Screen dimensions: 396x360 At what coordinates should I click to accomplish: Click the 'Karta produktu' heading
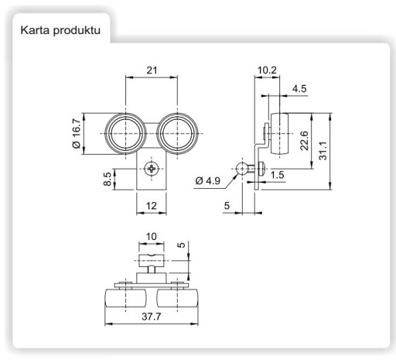coord(60,30)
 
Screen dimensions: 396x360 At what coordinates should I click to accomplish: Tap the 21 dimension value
coord(152,70)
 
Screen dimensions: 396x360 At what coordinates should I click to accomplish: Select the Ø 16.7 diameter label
coord(77,133)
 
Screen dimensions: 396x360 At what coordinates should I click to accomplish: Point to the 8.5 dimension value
coord(108,179)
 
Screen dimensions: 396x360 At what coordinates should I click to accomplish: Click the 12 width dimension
coord(152,206)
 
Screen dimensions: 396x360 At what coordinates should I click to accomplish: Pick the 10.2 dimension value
coord(267,70)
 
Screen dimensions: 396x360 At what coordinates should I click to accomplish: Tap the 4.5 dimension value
coord(299,89)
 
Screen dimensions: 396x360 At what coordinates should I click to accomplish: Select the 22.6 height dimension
coord(304,141)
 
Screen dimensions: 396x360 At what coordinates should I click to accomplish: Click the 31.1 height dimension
coord(323,151)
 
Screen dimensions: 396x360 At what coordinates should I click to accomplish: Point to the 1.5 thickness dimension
coord(278,175)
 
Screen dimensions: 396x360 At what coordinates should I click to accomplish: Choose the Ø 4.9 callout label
coord(208,180)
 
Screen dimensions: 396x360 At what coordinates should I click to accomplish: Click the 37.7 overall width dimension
coord(152,317)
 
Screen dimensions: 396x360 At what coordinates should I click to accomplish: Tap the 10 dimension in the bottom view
coord(152,236)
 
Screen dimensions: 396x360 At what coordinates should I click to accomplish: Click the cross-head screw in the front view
coord(151,169)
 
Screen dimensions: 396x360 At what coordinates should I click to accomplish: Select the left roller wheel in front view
coord(125,133)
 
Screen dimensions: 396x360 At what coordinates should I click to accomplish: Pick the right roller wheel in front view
coord(177,133)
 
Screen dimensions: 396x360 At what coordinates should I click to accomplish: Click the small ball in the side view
coord(242,169)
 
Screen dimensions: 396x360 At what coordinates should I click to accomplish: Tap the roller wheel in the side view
coord(279,133)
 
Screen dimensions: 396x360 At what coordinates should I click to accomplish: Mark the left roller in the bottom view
coord(125,298)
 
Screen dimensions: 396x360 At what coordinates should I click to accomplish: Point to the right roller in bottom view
coord(178,298)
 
